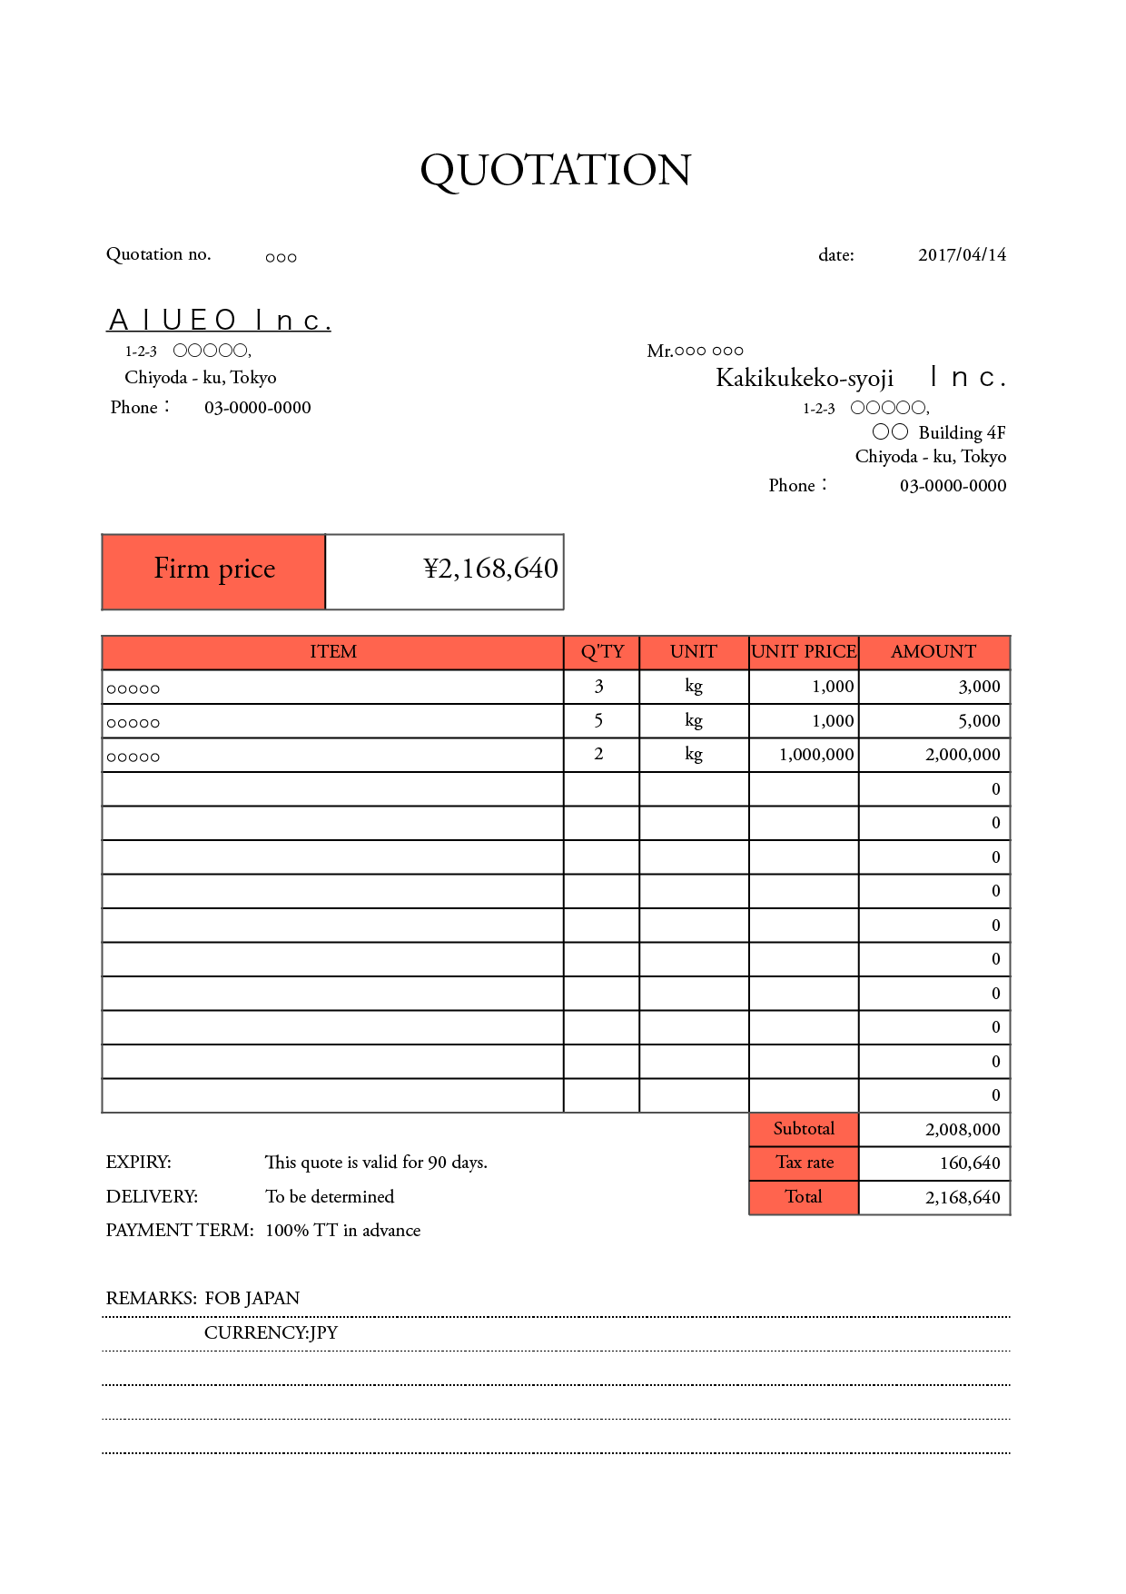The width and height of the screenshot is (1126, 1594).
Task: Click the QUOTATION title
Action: pyautogui.click(x=556, y=170)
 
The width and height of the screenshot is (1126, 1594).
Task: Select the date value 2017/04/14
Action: pyautogui.click(x=962, y=255)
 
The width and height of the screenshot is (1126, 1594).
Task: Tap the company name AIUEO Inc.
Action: pyautogui.click(x=219, y=321)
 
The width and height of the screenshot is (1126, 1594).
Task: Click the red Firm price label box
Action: pyautogui.click(x=214, y=570)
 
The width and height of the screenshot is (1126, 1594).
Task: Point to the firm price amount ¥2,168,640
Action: pyautogui.click(x=490, y=569)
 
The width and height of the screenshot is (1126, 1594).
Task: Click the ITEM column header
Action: pyautogui.click(x=332, y=652)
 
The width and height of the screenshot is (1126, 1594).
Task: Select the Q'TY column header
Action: pyautogui.click(x=602, y=652)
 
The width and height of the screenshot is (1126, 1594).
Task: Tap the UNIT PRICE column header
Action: pyautogui.click(x=804, y=652)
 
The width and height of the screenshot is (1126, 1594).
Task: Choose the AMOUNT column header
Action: pyautogui.click(x=933, y=652)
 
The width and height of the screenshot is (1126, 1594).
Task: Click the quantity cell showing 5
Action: pyautogui.click(x=599, y=721)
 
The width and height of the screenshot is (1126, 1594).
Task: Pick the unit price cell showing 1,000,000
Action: pyautogui.click(x=815, y=755)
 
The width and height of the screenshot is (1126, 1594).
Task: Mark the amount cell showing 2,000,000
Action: pyautogui.click(x=962, y=755)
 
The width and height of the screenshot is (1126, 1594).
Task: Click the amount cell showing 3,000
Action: pyautogui.click(x=979, y=687)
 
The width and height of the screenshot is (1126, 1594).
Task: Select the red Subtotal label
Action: pyautogui.click(x=804, y=1129)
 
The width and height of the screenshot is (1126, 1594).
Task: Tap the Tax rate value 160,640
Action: pyautogui.click(x=969, y=1163)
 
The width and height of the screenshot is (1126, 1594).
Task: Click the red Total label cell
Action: pyautogui.click(x=804, y=1197)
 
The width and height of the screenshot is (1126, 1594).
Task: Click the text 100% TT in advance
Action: pyautogui.click(x=342, y=1231)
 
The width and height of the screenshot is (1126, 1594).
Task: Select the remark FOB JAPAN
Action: pyautogui.click(x=252, y=1299)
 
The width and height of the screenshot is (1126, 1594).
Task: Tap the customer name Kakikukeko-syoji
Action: pyautogui.click(x=805, y=378)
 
